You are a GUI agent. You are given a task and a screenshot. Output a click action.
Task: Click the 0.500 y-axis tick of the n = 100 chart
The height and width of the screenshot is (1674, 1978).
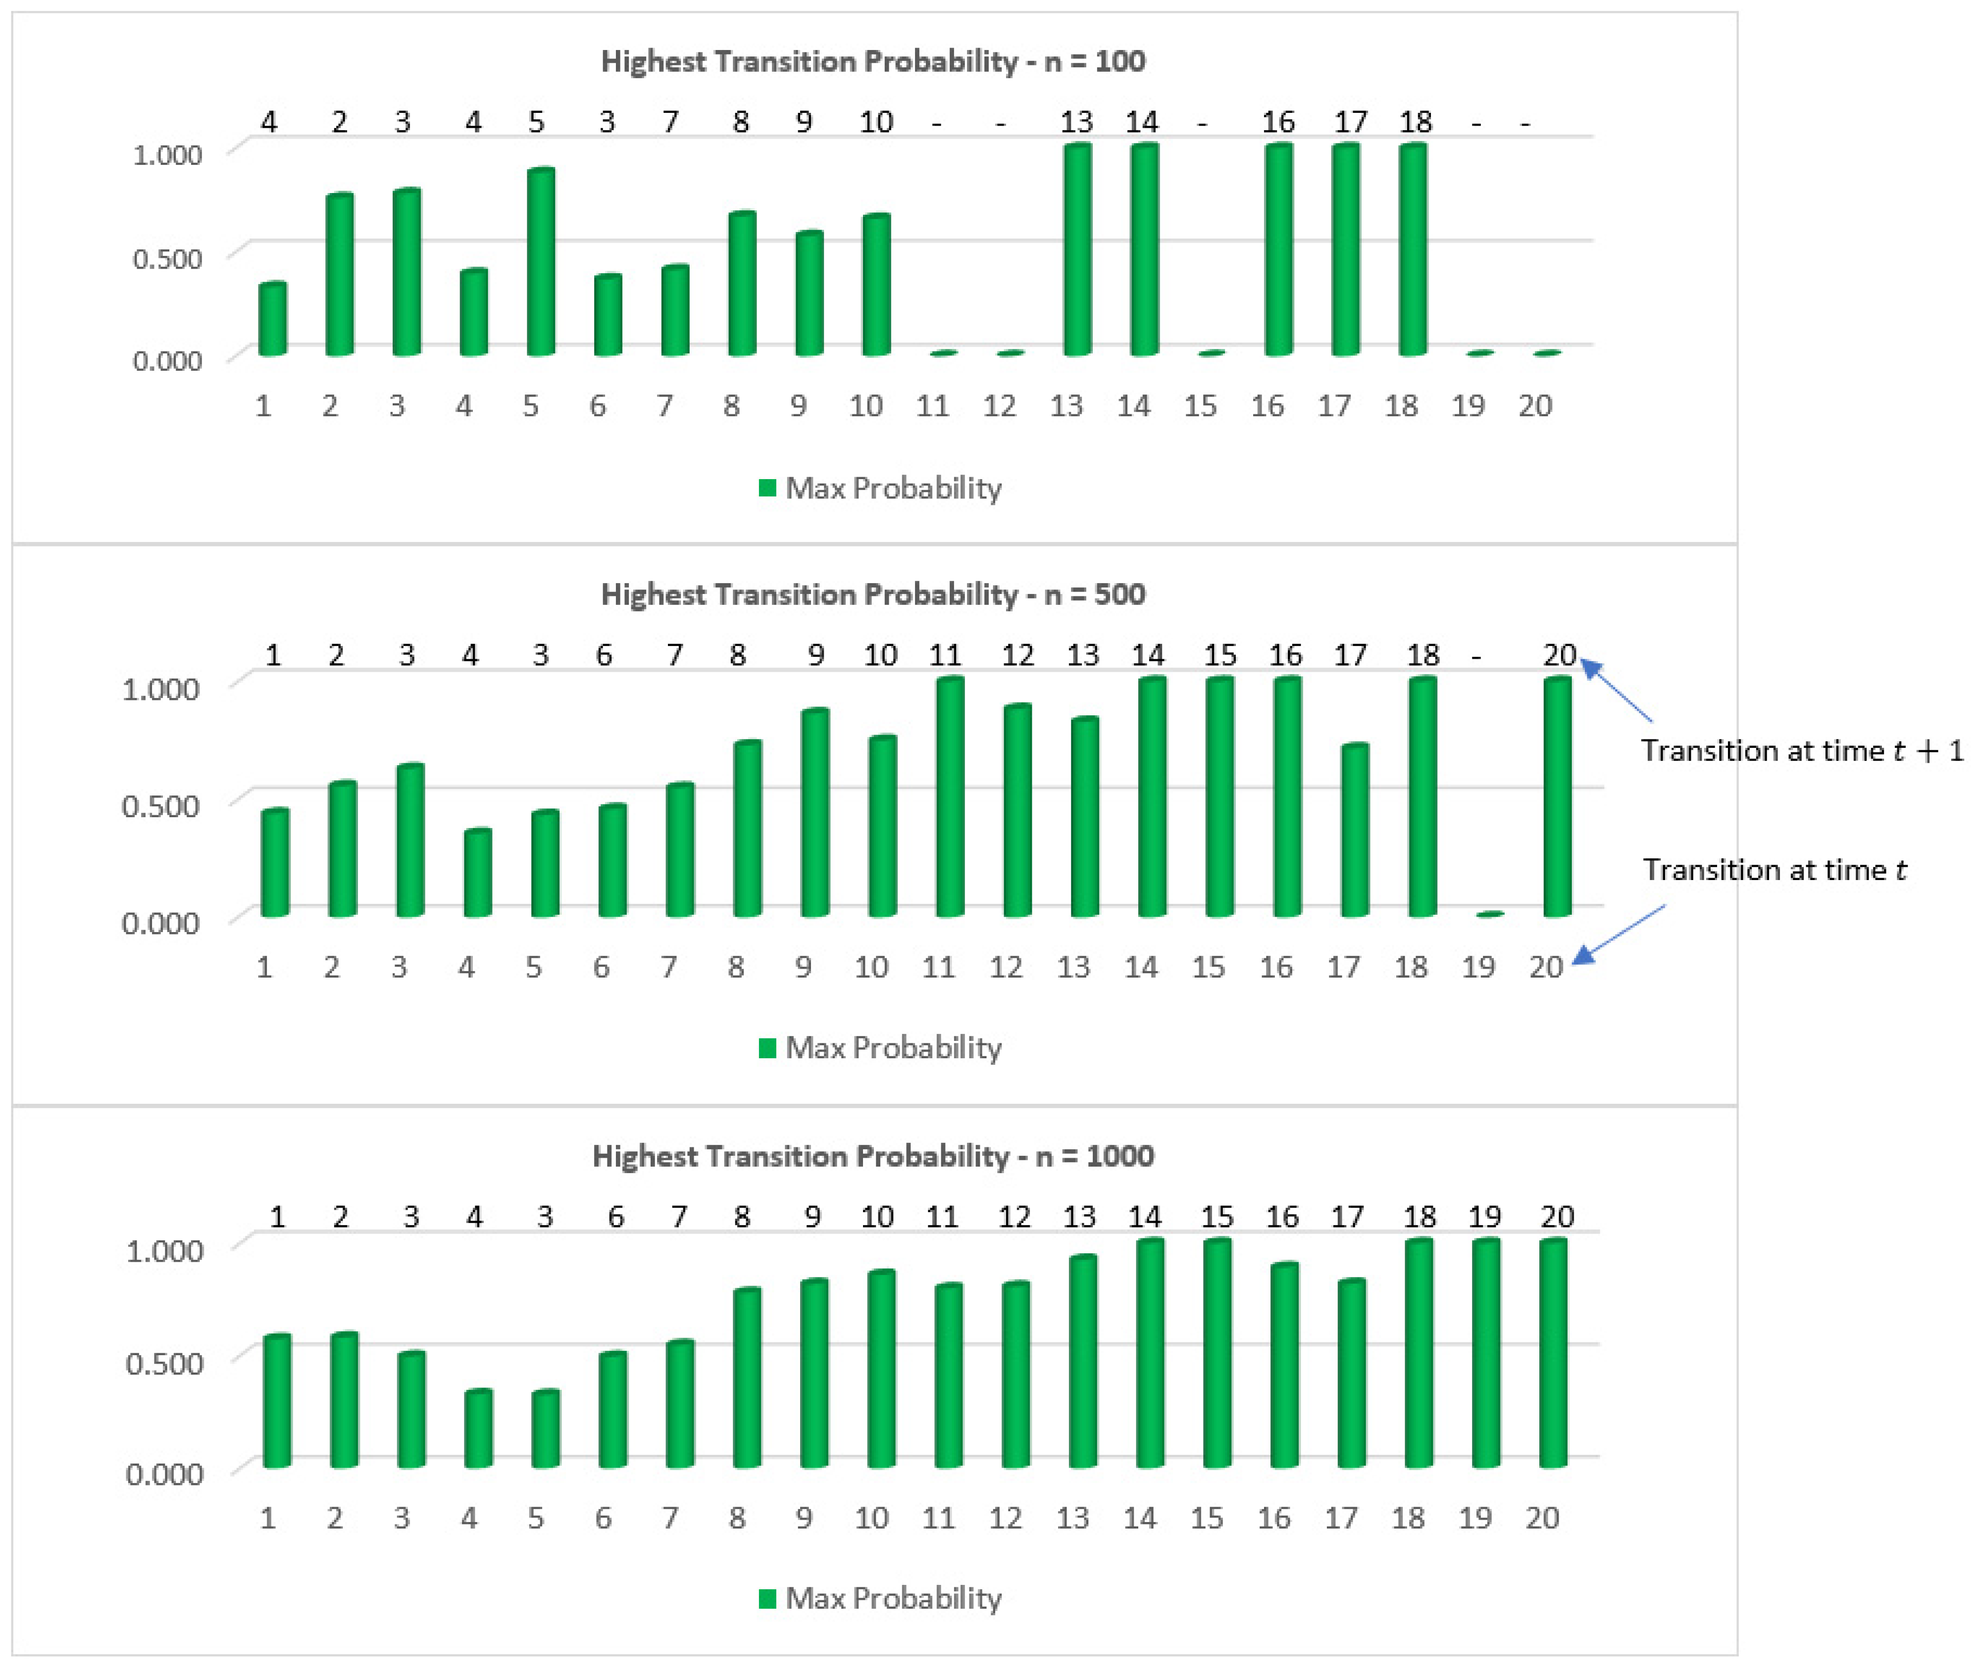click(x=167, y=258)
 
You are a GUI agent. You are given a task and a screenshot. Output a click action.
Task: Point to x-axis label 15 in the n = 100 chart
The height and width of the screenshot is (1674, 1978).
click(x=1200, y=406)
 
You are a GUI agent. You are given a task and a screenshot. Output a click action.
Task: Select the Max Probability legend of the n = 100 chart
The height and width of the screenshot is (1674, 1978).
click(x=881, y=488)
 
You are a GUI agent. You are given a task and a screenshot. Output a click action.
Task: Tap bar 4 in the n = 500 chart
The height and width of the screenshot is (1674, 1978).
click(x=478, y=873)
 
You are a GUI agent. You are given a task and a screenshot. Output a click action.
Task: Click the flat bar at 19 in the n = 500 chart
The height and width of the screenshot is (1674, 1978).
click(x=1490, y=914)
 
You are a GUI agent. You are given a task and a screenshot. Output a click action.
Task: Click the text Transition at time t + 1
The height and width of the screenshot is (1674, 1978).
click(x=1801, y=751)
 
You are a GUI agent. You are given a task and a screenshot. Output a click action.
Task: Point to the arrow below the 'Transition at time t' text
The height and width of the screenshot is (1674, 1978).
click(x=1618, y=933)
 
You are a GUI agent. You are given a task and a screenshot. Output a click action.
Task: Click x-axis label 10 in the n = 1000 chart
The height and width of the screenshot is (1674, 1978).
click(x=871, y=1519)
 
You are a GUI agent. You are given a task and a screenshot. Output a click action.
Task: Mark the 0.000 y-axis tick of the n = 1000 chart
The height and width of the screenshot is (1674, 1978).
click(x=164, y=1474)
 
